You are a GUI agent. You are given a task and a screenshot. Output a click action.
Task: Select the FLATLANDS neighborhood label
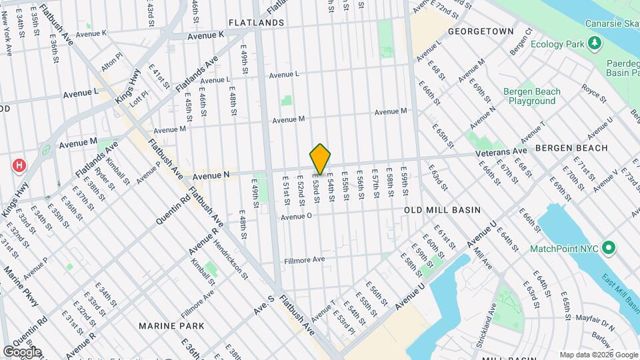pos(256,23)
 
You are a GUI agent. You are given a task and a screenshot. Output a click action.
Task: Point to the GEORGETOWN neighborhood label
pos(481,31)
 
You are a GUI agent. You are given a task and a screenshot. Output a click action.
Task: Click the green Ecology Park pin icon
pos(593,44)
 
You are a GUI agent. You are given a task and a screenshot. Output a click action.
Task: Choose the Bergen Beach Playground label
pos(532,96)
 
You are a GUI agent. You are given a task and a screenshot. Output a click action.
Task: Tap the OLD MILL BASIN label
pos(442,210)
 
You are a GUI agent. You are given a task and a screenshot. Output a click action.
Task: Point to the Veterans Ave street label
pos(501,153)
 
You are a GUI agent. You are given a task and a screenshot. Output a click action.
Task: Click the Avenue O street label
pos(296,216)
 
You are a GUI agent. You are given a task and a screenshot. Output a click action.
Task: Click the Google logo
pos(21,351)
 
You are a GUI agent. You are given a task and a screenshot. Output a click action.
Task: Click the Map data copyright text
pos(597,355)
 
